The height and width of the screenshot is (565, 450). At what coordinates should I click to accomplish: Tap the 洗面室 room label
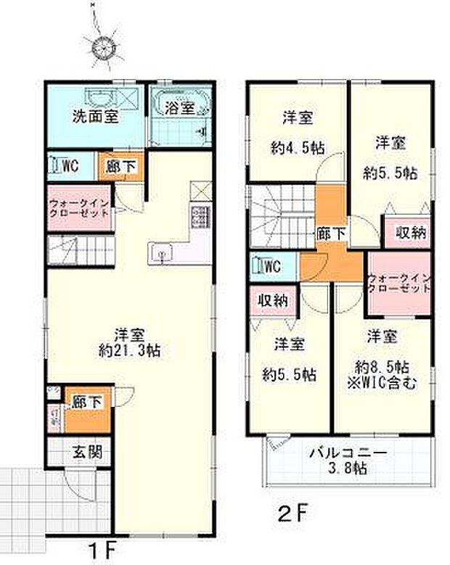94,115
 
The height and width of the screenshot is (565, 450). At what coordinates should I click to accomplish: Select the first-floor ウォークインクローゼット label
80,209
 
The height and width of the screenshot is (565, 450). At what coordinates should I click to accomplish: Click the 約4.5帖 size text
298,149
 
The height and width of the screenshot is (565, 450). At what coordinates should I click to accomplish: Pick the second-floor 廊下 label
331,233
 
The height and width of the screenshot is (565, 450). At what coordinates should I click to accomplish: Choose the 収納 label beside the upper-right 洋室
411,233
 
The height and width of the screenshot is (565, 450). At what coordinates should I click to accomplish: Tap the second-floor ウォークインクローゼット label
400,283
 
